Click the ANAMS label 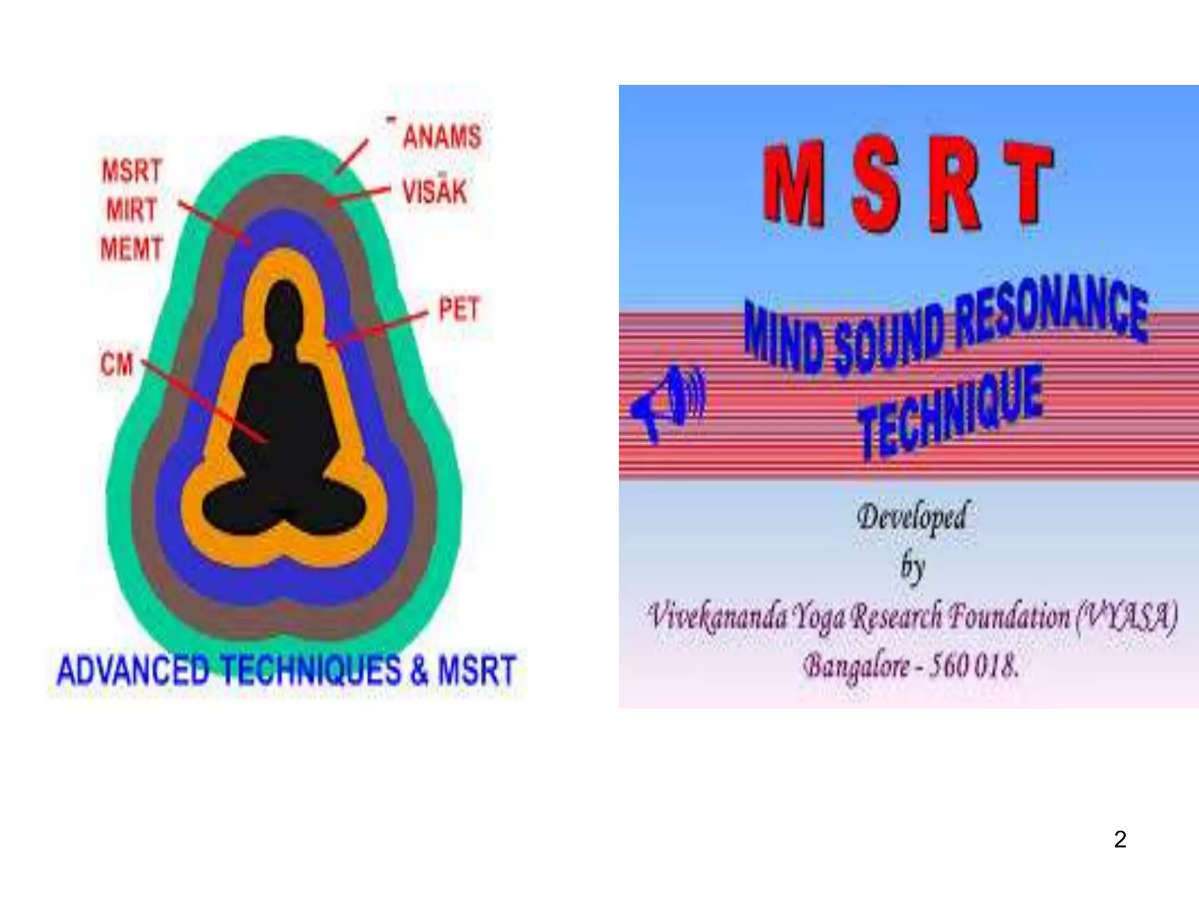[x=442, y=137]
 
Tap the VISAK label [x=434, y=191]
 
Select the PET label [x=459, y=310]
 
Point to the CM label [x=117, y=365]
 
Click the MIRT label [x=132, y=210]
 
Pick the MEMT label [x=131, y=249]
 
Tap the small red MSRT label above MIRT [x=132, y=171]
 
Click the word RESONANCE [x=1051, y=313]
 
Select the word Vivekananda [x=717, y=616]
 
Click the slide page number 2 [x=1120, y=839]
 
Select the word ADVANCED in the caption [x=133, y=671]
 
